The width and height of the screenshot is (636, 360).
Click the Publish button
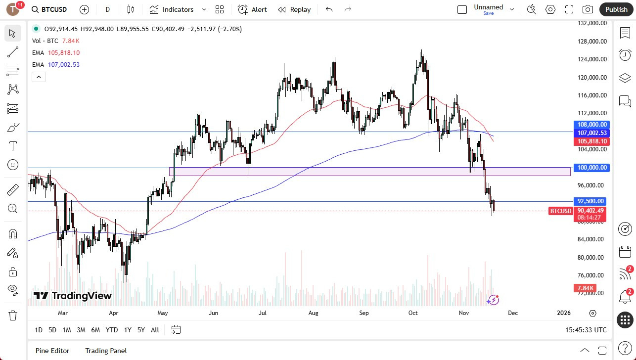(616, 9)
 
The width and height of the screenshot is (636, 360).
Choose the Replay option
(294, 9)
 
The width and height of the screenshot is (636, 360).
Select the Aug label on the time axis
(313, 313)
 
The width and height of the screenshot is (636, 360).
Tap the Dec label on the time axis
(513, 313)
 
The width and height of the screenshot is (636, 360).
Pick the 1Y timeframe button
(128, 330)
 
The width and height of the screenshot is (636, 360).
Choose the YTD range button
(112, 330)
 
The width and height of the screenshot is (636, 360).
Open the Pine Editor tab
(52, 351)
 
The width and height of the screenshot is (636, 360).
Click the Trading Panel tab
(106, 351)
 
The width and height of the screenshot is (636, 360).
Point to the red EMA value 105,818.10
(64, 53)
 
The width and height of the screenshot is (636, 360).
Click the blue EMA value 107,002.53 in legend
(64, 65)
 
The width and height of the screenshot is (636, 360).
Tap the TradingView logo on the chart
(73, 296)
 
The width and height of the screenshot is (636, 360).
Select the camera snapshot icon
(588, 9)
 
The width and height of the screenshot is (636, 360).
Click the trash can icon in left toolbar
(13, 315)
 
